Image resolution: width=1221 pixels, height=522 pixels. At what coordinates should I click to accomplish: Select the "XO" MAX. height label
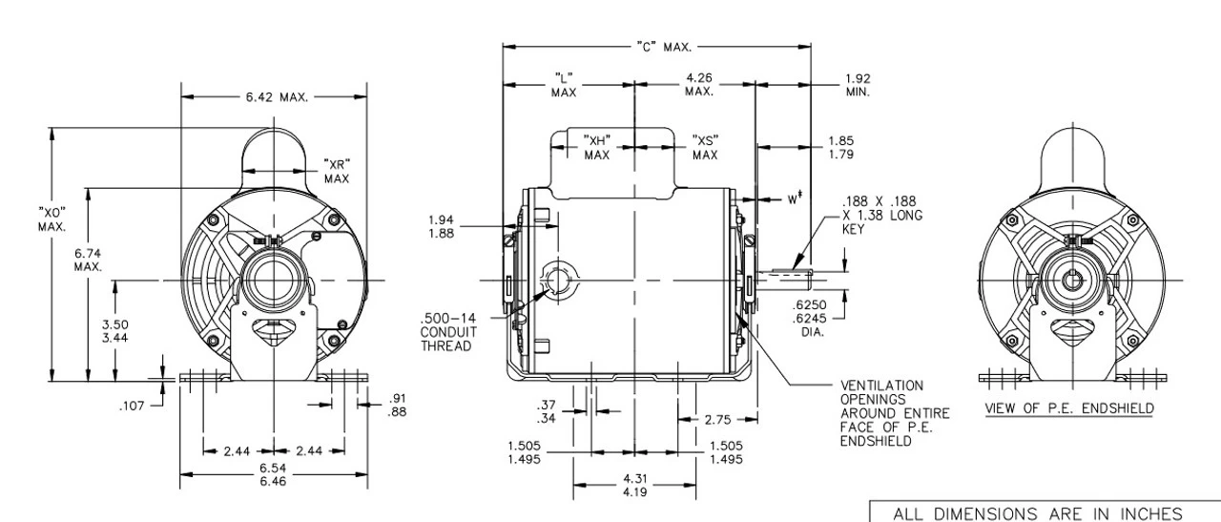click(52, 219)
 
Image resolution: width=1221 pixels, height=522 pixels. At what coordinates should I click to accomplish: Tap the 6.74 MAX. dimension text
click(88, 260)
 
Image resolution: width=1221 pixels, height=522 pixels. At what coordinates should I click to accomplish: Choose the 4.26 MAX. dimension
click(699, 84)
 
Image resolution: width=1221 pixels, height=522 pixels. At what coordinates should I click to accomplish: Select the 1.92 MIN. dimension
click(857, 85)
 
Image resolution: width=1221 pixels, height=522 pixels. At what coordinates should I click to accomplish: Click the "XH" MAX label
click(597, 147)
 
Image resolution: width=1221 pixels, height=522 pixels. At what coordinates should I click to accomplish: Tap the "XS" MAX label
click(705, 147)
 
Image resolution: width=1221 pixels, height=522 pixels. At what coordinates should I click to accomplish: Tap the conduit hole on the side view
click(557, 281)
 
